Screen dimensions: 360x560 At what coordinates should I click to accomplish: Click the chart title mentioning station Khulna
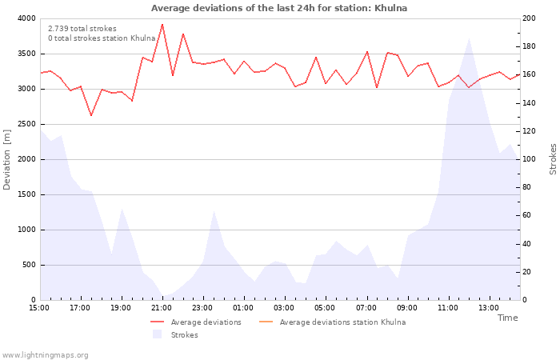point(279,8)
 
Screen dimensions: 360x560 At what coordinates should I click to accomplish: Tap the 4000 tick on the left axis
point(26,18)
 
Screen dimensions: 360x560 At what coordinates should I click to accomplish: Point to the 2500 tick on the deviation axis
point(26,124)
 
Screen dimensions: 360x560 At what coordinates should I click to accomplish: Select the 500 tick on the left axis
point(28,265)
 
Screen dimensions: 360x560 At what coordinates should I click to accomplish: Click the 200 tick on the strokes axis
point(530,18)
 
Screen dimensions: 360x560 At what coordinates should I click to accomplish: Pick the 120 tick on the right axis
point(530,131)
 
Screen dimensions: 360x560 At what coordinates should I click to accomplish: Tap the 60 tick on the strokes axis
point(528,215)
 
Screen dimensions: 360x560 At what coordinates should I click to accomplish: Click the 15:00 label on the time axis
point(40,307)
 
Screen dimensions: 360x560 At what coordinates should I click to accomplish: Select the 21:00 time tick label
point(162,307)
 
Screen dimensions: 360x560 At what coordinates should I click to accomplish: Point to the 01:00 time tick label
point(244,307)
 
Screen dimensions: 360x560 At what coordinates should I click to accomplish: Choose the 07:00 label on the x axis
point(366,307)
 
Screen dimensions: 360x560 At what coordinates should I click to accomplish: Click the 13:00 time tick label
point(489,307)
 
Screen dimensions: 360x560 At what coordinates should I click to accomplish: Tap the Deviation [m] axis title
point(7,159)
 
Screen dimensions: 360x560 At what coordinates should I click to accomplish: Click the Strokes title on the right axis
point(553,159)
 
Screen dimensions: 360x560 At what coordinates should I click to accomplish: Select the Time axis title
point(507,318)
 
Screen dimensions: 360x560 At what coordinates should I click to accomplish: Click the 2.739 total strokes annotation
point(82,29)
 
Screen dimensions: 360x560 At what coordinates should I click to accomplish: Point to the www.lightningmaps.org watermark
point(46,355)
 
